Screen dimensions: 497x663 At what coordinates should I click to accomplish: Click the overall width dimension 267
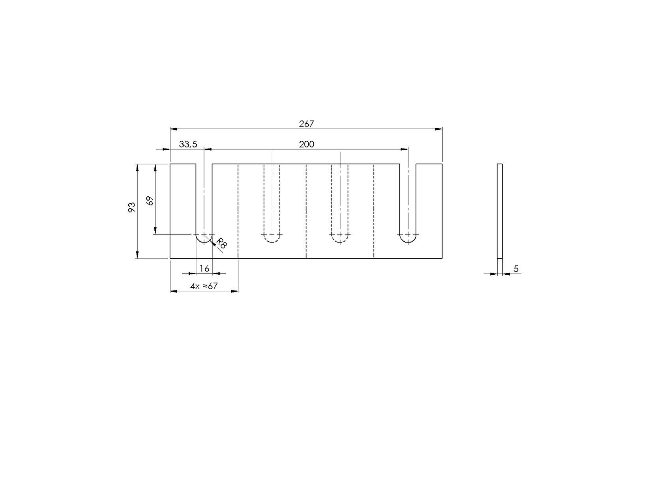(306, 124)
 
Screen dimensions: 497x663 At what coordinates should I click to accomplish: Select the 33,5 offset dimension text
(188, 144)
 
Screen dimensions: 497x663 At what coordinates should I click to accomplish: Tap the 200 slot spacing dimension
(306, 144)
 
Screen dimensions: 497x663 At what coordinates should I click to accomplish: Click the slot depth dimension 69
(150, 201)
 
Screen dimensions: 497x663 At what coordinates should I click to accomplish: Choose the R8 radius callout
(222, 244)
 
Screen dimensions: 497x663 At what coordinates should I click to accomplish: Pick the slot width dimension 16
(204, 268)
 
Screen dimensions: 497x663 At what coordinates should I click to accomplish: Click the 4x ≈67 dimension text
(204, 286)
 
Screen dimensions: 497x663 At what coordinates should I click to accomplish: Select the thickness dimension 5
(516, 269)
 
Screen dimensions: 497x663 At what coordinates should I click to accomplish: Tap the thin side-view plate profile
(500, 211)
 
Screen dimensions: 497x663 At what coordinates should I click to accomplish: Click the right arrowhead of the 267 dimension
(439, 129)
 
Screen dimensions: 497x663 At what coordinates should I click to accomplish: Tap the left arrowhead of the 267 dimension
(174, 129)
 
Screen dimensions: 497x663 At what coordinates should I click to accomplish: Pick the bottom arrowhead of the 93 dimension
(137, 255)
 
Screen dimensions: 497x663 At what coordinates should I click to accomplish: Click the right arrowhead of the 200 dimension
(405, 149)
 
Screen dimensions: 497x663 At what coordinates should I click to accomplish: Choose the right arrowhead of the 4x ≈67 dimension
(235, 291)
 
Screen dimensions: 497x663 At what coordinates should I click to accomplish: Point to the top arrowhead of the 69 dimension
(155, 168)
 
